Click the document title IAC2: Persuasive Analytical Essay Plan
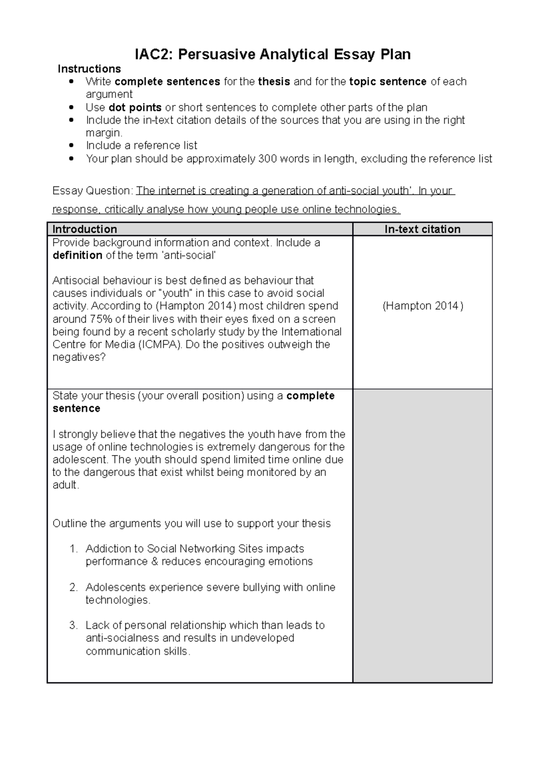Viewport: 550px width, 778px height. [x=272, y=55]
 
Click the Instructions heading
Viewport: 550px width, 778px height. [x=89, y=69]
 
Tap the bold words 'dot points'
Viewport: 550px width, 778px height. [x=135, y=108]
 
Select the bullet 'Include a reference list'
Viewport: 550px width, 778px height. [x=141, y=146]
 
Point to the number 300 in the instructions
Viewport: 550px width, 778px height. [x=267, y=159]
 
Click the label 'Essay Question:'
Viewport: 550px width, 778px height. [x=93, y=191]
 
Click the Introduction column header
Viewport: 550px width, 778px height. [x=85, y=229]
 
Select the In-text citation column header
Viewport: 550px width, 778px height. [x=422, y=229]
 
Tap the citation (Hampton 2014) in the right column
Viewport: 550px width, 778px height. [x=423, y=306]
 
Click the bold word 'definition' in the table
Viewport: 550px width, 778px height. [x=77, y=255]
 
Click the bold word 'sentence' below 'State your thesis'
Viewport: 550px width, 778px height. [x=76, y=408]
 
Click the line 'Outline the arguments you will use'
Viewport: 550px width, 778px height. [x=191, y=524]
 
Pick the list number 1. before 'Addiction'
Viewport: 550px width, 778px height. [x=74, y=549]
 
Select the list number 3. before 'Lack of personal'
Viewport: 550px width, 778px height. [x=74, y=625]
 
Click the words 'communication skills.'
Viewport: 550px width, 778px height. [x=137, y=651]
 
